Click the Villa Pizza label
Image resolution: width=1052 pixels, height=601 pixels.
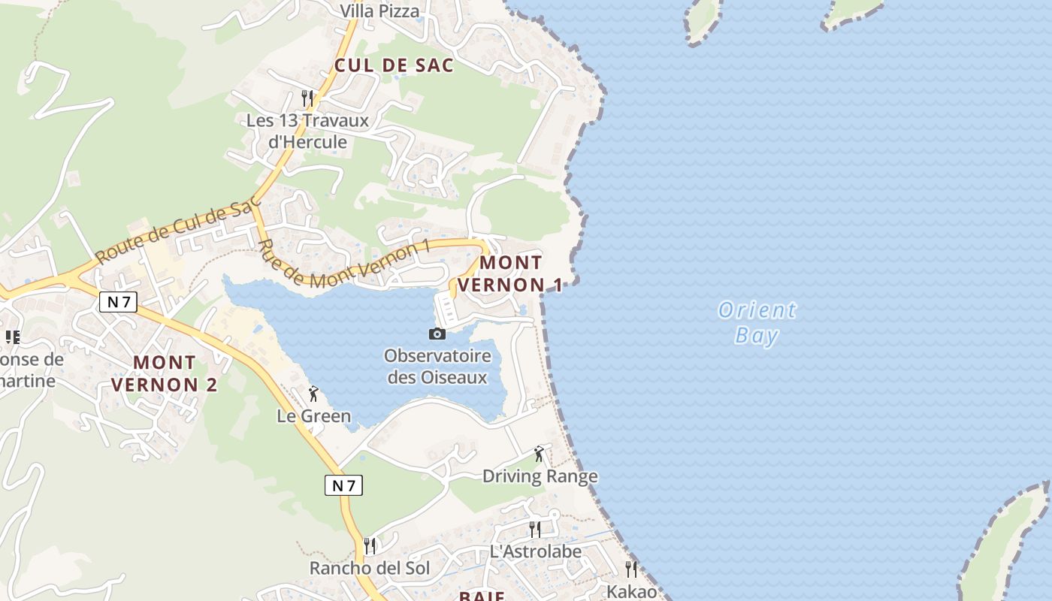pos(379,11)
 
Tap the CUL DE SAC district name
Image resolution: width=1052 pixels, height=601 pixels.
pos(394,65)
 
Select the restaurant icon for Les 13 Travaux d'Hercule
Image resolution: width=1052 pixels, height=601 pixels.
pos(307,98)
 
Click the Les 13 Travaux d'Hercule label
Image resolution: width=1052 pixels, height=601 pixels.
pos(308,131)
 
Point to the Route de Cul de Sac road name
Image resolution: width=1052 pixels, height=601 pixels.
pos(177,228)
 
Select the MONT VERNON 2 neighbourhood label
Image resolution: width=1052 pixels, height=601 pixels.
pos(164,373)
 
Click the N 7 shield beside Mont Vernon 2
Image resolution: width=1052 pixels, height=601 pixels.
pos(118,302)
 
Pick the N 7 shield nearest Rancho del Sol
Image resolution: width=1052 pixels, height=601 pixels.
pos(343,485)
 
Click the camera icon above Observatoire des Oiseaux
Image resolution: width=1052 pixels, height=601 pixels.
pos(437,334)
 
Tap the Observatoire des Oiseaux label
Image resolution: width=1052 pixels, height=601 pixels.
pos(437,367)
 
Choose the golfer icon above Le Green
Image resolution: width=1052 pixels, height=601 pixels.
pos(313,394)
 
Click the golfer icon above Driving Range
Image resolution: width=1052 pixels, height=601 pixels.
pos(539,454)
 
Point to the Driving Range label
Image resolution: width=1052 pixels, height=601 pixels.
pos(540,476)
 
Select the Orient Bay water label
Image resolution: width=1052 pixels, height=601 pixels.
pos(756,322)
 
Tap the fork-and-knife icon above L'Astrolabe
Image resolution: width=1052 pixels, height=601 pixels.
pos(534,530)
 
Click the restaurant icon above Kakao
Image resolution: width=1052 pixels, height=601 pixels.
pos(631,569)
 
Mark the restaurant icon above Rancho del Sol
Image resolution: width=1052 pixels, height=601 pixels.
pos(370,546)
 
